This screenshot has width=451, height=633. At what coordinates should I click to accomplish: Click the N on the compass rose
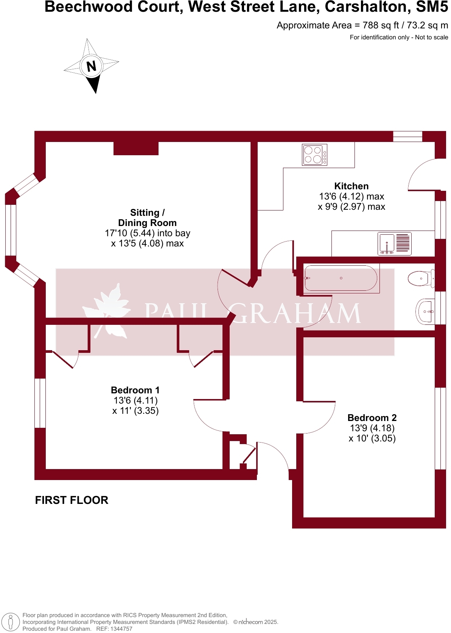pos(91,67)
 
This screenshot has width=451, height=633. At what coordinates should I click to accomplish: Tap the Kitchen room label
pos(351,186)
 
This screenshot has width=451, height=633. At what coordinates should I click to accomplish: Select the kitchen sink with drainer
pos(394,243)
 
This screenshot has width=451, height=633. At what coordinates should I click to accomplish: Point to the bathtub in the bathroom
pos(341,278)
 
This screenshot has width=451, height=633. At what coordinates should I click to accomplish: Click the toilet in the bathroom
pos(420,279)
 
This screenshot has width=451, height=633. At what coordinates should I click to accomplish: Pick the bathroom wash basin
pos(426,312)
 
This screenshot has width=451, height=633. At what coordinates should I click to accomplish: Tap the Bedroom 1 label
pos(135,390)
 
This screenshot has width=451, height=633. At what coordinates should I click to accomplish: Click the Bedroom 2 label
pos(372,418)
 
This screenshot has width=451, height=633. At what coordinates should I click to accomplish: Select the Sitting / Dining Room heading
pos(147,218)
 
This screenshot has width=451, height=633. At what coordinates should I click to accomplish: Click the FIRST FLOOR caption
pos(72,500)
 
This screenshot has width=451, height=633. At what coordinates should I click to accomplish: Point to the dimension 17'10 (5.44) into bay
pos(147,233)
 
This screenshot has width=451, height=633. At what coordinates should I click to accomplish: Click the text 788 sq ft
pos(380,25)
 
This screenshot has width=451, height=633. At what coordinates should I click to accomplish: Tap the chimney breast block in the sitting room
pos(136,148)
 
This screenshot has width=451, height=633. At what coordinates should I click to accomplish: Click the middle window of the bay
pos(11,230)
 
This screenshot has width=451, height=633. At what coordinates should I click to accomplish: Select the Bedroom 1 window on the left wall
pos(40,403)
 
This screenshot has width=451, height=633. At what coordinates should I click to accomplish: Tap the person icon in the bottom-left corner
pos(11,622)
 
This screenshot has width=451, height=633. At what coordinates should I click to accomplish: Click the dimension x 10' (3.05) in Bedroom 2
pos(372,438)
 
